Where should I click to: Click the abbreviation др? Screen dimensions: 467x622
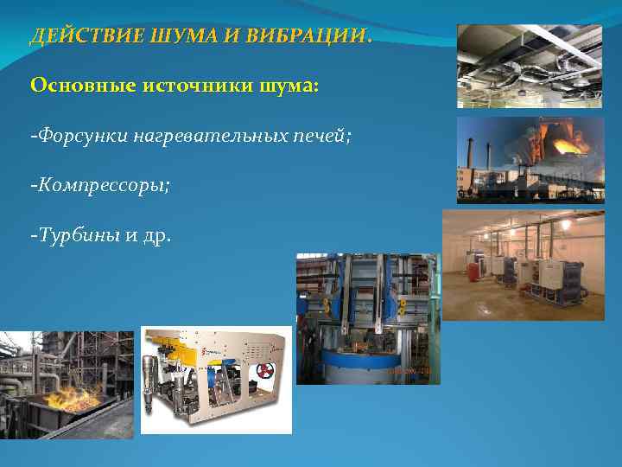click(156, 235)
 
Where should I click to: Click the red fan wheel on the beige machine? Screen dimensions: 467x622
click(264, 373)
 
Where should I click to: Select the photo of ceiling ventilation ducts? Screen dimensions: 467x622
click(529, 65)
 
